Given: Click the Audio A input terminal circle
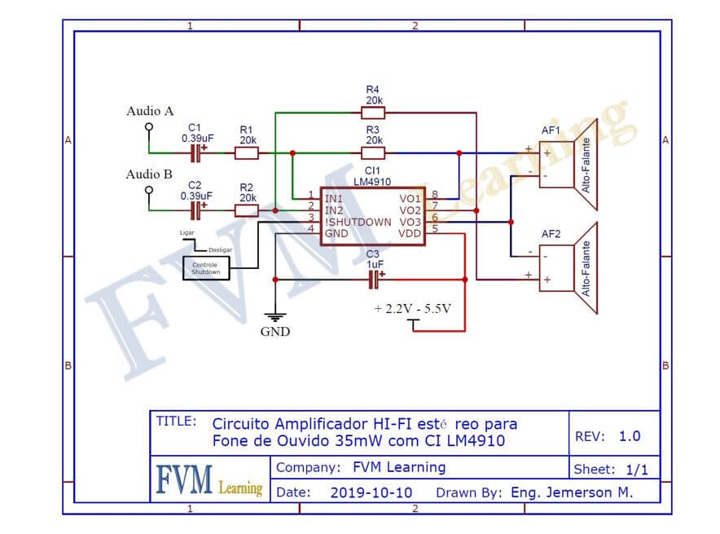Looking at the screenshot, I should click(149, 127).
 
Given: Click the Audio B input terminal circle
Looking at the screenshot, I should click(149, 190).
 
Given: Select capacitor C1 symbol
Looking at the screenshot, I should click(197, 152).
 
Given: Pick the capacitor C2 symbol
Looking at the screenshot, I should click(197, 210).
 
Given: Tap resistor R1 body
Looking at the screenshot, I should click(246, 152).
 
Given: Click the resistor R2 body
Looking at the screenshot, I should click(247, 210).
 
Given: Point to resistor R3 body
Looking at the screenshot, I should click(373, 152).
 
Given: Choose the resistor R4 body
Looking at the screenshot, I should click(373, 113).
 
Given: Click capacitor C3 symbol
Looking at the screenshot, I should click(375, 280).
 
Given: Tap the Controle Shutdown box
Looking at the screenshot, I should click(205, 267).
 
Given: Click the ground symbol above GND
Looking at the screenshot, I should click(275, 316).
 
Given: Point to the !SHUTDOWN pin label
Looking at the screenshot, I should click(358, 222).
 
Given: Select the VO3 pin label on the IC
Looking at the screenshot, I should click(410, 222).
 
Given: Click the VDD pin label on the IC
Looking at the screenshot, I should click(410, 233).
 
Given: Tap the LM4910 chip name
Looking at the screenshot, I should click(373, 183).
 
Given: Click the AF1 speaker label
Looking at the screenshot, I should click(551, 130).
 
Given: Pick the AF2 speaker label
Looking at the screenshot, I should click(551, 235).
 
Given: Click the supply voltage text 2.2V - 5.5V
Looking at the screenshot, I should click(412, 309).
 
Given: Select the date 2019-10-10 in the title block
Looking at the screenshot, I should click(371, 492).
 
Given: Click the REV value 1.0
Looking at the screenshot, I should click(630, 436).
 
